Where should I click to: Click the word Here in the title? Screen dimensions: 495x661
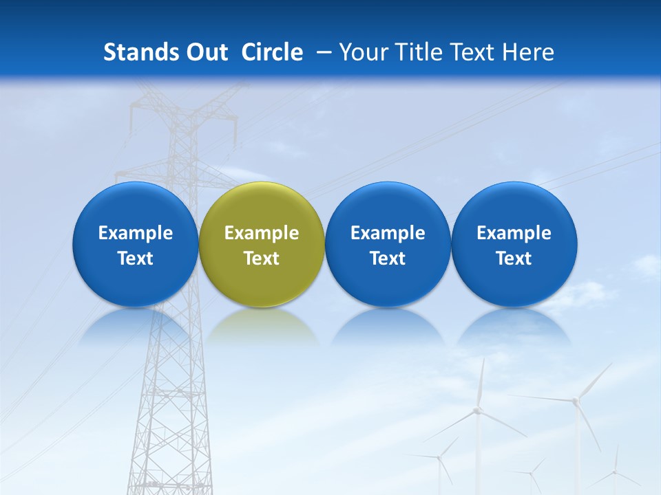tap(528, 52)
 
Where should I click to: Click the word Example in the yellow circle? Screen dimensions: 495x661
tap(262, 233)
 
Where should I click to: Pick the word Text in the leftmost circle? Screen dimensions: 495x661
tap(135, 258)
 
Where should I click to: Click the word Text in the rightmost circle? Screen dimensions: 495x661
tap(514, 258)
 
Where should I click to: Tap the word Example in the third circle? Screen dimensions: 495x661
tap(388, 233)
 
